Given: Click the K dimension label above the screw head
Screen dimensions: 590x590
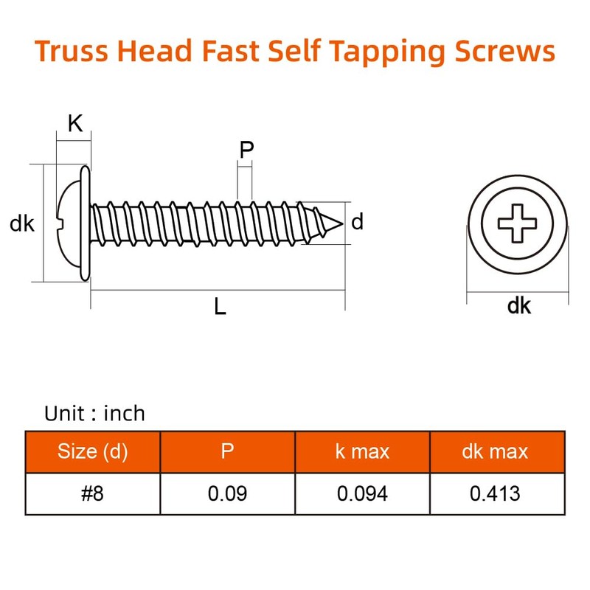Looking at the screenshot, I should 74,124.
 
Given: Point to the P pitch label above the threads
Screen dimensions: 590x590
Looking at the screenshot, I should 246,150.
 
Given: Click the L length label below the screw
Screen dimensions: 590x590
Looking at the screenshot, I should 220,307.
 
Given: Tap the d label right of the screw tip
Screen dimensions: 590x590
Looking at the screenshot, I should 358,221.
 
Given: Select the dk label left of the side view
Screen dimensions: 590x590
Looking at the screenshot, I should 22,223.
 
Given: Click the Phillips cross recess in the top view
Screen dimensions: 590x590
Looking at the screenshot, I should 518,222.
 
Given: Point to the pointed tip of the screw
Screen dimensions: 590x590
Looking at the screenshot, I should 341,221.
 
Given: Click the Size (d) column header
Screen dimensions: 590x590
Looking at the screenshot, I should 93,451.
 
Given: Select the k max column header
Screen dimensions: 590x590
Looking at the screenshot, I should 362,451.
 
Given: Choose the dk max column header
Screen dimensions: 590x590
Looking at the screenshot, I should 496,451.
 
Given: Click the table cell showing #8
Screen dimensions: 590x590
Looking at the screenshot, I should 93,493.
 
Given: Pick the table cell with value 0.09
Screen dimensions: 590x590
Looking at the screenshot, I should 227,493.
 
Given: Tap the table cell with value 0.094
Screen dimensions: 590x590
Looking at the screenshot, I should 362,493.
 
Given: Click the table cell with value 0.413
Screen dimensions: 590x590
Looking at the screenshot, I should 496,493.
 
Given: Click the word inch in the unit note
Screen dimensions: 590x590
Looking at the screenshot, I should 124,413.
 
